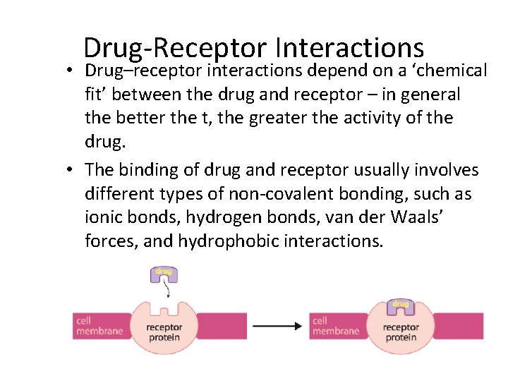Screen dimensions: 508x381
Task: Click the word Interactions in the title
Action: point(350,48)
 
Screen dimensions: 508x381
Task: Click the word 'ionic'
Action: point(103,217)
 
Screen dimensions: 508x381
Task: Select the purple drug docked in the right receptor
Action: point(400,306)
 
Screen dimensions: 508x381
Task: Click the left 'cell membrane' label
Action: point(99,326)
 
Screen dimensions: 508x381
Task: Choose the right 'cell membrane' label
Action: point(335,326)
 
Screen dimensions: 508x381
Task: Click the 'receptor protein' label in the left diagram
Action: point(164,332)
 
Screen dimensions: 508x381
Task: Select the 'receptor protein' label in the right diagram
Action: point(400,332)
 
